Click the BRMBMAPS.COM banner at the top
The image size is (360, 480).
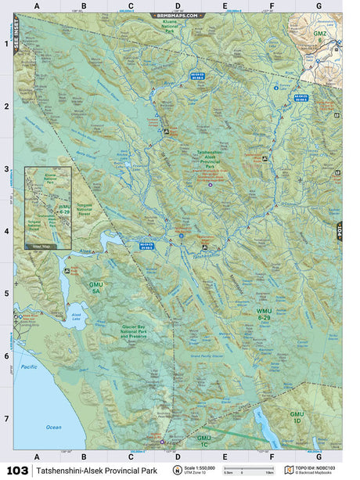(x=178, y=15)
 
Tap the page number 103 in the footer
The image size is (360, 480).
(x=16, y=471)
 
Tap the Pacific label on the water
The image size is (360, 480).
(x=30, y=367)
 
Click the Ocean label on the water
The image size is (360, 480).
(x=53, y=427)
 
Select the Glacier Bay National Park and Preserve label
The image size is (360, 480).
(x=141, y=333)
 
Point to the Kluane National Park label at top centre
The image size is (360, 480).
(x=170, y=26)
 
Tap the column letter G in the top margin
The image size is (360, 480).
(x=319, y=6)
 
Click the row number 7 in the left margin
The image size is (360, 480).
(x=6, y=419)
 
